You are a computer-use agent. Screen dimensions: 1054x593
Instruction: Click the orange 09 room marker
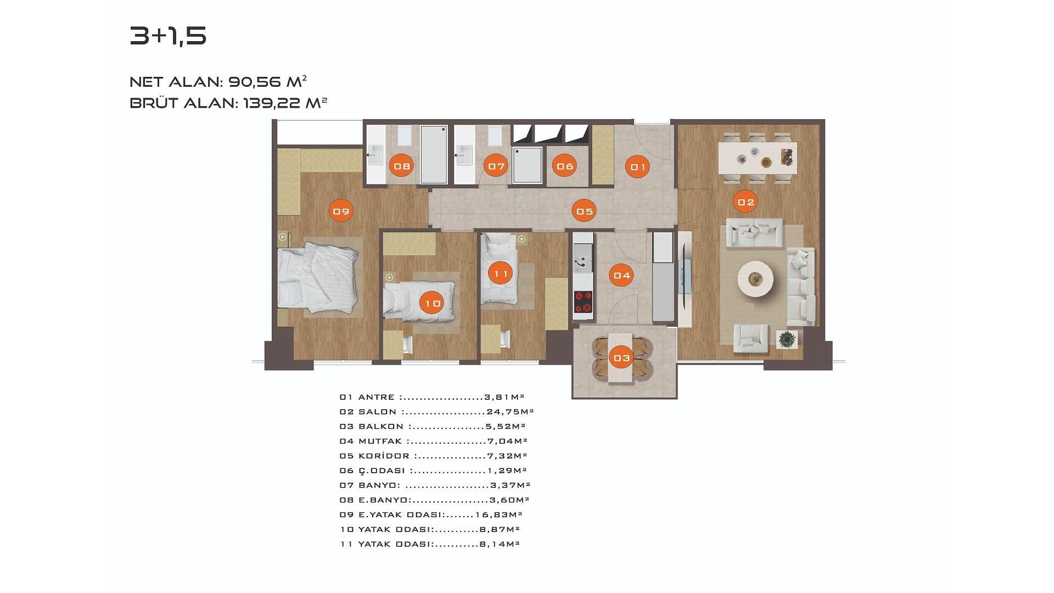[341, 211]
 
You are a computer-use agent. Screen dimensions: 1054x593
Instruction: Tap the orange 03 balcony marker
[622, 358]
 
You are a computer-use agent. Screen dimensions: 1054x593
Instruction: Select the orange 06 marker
[564, 166]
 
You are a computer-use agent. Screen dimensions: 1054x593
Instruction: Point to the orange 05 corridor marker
[584, 211]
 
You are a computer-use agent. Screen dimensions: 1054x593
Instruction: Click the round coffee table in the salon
[756, 279]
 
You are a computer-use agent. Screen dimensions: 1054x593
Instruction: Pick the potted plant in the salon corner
[787, 339]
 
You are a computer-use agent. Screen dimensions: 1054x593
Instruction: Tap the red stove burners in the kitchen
[583, 301]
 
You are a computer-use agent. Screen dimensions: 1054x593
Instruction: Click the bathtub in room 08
[434, 155]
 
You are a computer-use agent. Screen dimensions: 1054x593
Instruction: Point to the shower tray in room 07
[527, 165]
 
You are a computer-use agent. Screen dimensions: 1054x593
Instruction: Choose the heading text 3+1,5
[168, 36]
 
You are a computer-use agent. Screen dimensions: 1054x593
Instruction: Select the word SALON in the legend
[377, 412]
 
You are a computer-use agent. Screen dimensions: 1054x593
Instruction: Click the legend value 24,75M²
[510, 412]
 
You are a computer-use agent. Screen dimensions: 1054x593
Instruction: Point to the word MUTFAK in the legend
[381, 441]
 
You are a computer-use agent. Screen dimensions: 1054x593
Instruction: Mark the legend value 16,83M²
[498, 514]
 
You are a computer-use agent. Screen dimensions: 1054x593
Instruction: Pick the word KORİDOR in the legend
[384, 456]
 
